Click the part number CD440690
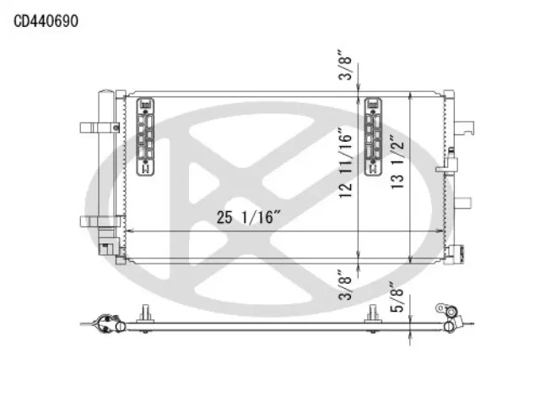(x=46, y=21)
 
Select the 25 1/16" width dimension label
(x=247, y=217)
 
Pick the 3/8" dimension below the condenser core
(x=344, y=287)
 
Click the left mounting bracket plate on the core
(x=147, y=137)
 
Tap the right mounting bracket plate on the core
(x=374, y=137)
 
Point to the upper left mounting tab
(x=90, y=128)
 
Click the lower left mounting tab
(x=90, y=221)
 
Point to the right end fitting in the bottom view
(x=449, y=316)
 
